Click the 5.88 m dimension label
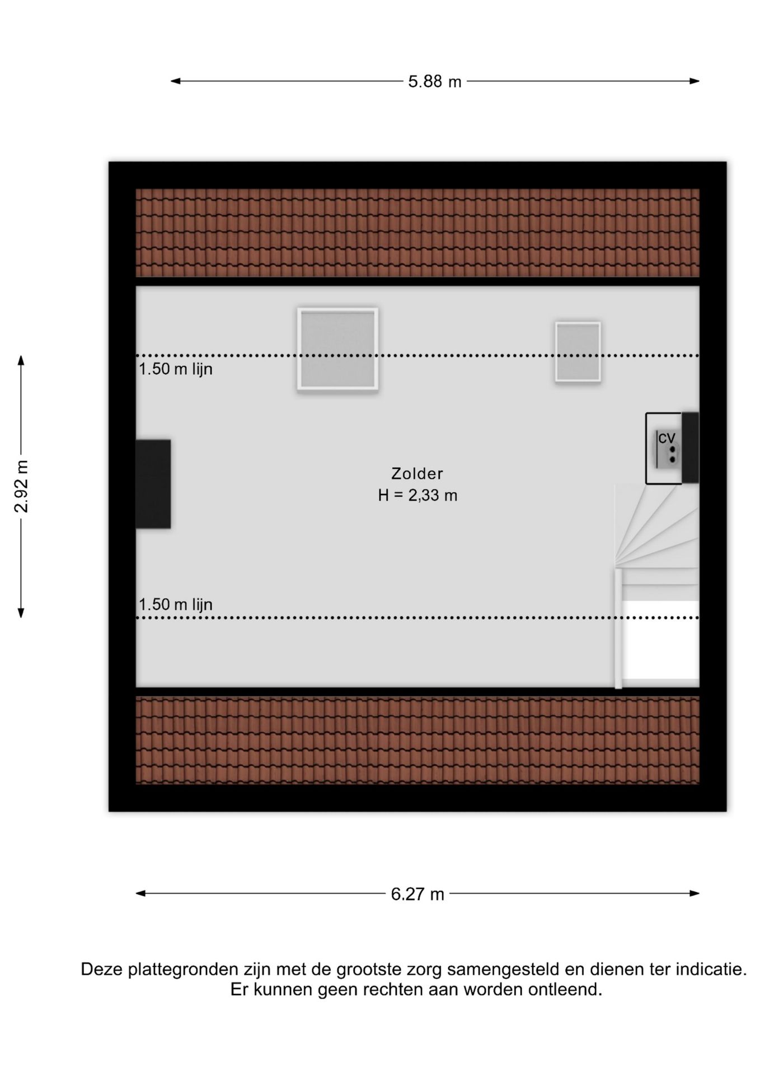coord(434,82)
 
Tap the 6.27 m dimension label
coord(417,894)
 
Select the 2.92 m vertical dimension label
coord(21,486)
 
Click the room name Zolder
coord(417,474)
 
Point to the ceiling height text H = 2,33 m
coord(417,496)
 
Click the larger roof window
coord(337,348)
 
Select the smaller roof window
coord(578,351)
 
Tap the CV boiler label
coord(666,438)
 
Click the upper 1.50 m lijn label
coord(176,369)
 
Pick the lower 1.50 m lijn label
coord(176,605)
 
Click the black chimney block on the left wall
coord(153,484)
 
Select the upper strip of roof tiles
coord(417,233)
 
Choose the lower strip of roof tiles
coord(417,740)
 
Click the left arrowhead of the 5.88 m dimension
coord(175,81)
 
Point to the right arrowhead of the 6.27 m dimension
coord(695,893)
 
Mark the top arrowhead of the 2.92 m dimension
coord(21,360)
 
